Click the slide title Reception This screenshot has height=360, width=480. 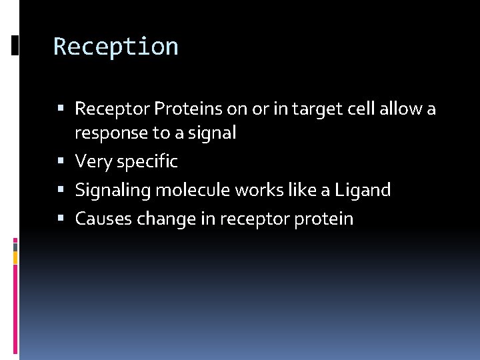pos(115,47)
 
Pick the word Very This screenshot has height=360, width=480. pos(94,161)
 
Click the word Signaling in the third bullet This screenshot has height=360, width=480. pos(113,190)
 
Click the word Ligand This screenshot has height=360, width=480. pos(363,190)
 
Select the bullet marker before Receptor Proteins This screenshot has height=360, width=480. pos(61,109)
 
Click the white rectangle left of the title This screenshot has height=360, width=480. pos(15,45)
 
